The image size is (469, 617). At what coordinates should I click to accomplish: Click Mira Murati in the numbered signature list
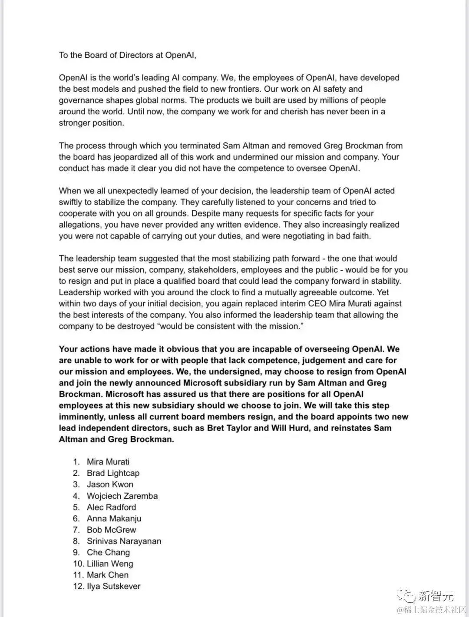(108, 462)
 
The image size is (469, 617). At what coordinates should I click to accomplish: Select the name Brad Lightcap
(113, 473)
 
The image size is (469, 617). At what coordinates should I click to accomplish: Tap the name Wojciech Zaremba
(122, 496)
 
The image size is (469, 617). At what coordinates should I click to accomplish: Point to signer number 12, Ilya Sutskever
(113, 586)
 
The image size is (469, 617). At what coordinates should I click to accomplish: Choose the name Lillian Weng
(110, 564)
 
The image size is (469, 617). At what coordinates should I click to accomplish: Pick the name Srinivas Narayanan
(124, 541)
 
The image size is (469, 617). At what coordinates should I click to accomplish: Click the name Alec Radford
(111, 507)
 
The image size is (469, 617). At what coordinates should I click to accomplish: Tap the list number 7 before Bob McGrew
(76, 530)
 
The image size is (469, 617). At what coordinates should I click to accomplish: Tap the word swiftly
(72, 202)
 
